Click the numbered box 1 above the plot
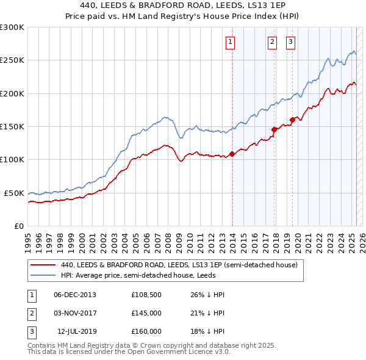click(x=230, y=42)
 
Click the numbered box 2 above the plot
click(x=272, y=42)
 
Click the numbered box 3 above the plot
click(x=290, y=42)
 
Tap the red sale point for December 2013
click(x=232, y=154)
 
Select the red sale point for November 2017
click(x=274, y=129)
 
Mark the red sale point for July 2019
click(x=292, y=120)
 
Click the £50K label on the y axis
click(x=14, y=193)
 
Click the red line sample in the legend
click(x=43, y=265)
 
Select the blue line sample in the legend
click(x=43, y=275)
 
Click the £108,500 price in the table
click(x=146, y=295)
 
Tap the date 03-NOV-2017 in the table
click(x=75, y=313)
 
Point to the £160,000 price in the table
click(x=146, y=331)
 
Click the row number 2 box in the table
click(x=31, y=313)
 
